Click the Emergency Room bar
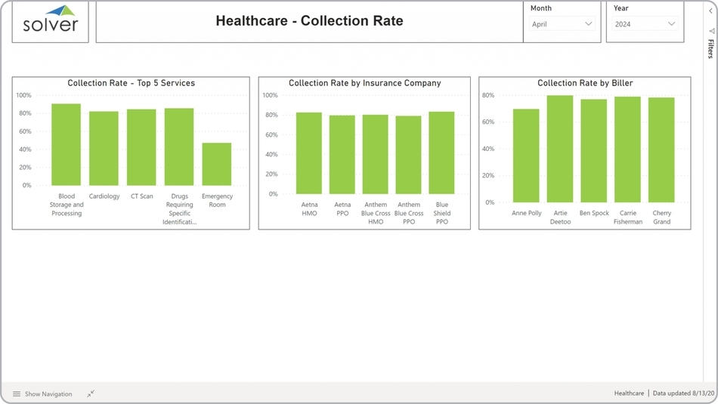pos(217,164)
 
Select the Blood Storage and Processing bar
pos(67,144)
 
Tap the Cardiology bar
pos(104,148)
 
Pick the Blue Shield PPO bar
pos(442,153)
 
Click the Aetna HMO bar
pos(309,153)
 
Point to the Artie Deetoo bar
pos(560,149)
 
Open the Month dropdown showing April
pos(562,24)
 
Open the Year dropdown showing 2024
pos(645,24)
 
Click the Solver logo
pos(51,20)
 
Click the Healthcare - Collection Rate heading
pos(309,21)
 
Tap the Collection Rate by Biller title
pos(585,83)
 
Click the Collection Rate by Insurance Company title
pos(364,83)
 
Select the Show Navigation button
pos(42,393)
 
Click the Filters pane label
pos(710,49)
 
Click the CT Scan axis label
pos(141,196)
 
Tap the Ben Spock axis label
pos(594,213)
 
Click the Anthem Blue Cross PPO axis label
pos(409,213)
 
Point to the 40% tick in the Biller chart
pos(488,149)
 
